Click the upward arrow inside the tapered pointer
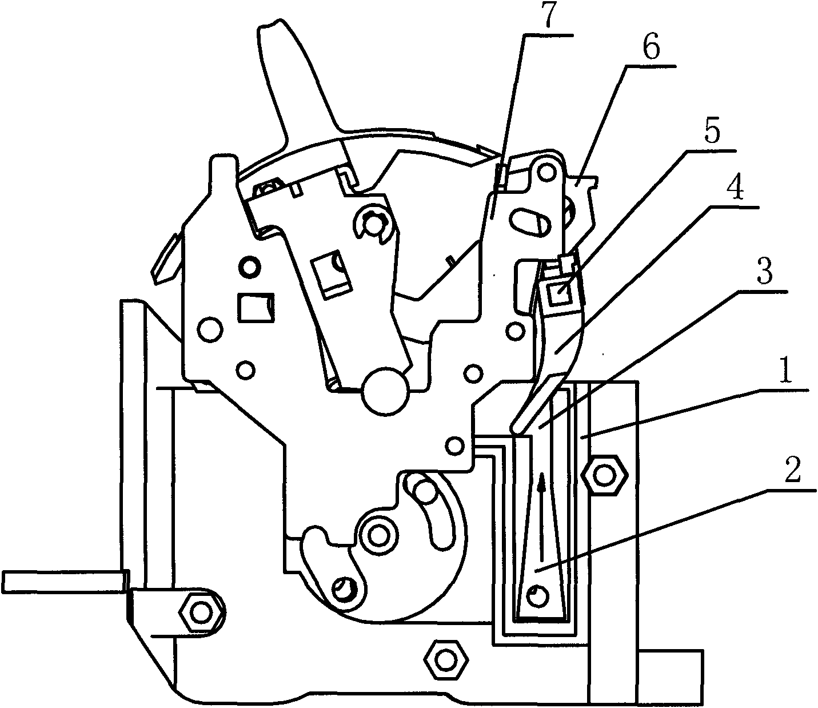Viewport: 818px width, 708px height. tap(541, 517)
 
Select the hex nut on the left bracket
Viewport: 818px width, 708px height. tap(200, 612)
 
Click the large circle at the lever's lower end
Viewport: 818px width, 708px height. tap(386, 391)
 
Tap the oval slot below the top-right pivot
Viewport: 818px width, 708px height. tap(529, 221)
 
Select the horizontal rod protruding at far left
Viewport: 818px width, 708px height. tap(62, 581)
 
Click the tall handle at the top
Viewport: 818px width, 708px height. tap(295, 80)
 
